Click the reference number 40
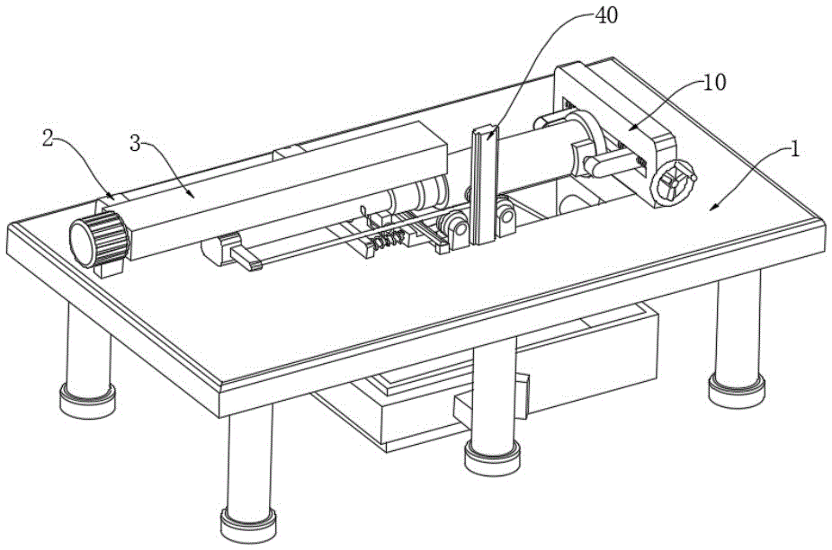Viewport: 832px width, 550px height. point(606,15)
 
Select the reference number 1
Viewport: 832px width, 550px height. point(795,150)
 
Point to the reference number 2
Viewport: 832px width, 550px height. point(49,139)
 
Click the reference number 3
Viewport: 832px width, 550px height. point(136,143)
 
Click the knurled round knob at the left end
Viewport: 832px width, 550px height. point(99,238)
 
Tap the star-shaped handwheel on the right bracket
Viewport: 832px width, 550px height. point(672,182)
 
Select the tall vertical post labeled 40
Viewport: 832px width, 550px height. point(484,186)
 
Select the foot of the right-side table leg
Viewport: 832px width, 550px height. point(737,390)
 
